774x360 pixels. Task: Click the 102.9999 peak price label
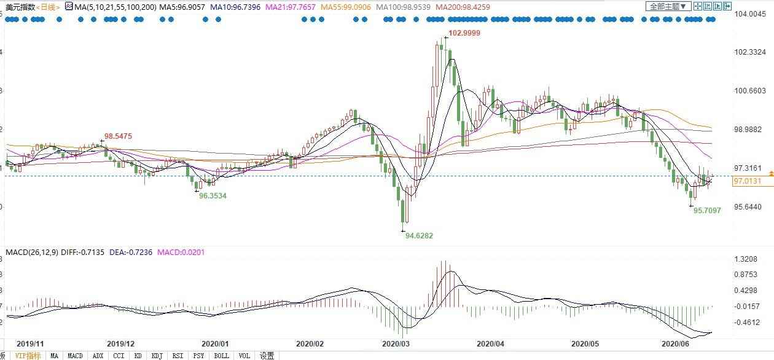click(464, 33)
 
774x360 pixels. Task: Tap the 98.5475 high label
click(118, 136)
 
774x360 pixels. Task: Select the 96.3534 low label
click(213, 195)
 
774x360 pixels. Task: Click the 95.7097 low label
click(707, 210)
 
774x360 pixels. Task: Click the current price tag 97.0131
click(748, 181)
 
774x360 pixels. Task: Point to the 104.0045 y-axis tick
click(750, 14)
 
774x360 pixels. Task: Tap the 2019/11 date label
click(29, 344)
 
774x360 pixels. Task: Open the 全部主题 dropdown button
click(668, 6)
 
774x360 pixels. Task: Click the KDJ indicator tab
click(157, 356)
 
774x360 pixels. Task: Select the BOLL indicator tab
click(222, 356)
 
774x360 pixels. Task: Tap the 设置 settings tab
click(267, 356)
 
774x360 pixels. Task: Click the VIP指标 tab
click(28, 356)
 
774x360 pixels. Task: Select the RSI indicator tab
click(178, 356)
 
